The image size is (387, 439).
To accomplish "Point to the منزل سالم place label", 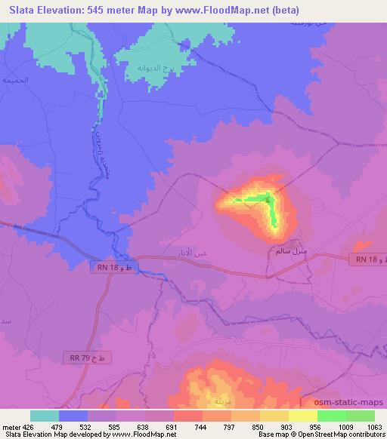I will [x=289, y=250].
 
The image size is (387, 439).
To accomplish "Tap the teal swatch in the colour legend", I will [x=45, y=416].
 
